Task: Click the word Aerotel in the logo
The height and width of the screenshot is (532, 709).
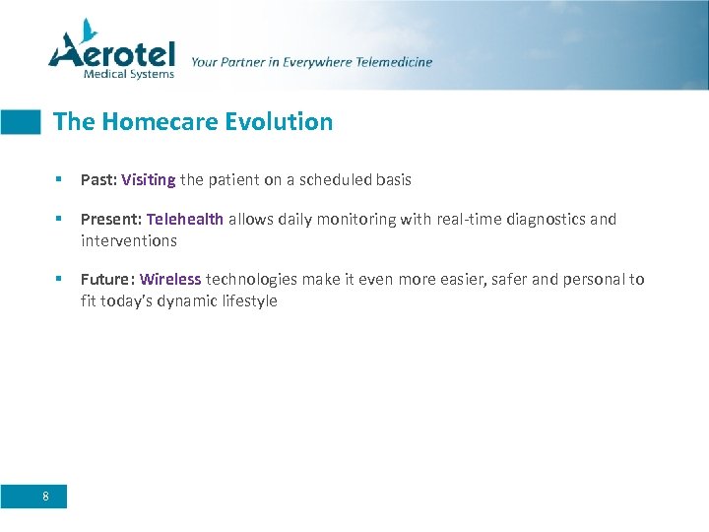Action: [x=112, y=52]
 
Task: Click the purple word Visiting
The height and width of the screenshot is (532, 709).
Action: [x=149, y=180]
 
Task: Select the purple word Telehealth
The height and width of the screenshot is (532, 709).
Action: [x=185, y=220]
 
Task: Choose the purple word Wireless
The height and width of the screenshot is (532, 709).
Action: [x=170, y=280]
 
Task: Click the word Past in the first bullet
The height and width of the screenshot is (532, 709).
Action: [x=97, y=180]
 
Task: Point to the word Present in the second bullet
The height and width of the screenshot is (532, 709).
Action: [x=109, y=220]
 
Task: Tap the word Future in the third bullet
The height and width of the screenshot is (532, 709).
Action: [x=106, y=280]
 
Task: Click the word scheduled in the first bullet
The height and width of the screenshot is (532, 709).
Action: [x=339, y=180]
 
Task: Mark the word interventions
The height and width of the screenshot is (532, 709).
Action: [x=129, y=240]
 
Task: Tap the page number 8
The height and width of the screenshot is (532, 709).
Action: [x=46, y=496]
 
